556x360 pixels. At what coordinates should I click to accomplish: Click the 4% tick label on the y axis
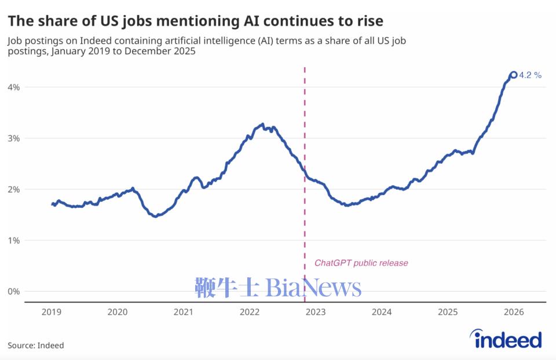[x=13, y=87]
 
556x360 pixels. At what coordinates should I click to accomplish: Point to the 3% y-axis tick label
[x=13, y=138]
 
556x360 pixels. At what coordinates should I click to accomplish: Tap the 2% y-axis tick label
[x=13, y=189]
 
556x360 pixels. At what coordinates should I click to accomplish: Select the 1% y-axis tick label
[x=13, y=240]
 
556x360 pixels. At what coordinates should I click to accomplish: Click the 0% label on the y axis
[x=13, y=291]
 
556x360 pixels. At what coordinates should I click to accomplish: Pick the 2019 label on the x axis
[x=51, y=313]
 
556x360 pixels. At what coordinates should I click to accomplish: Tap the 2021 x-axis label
[x=184, y=313]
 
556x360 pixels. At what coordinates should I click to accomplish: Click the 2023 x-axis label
[x=316, y=313]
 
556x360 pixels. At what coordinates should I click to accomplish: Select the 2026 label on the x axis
[x=514, y=313]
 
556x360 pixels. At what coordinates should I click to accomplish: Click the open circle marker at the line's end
[x=513, y=75]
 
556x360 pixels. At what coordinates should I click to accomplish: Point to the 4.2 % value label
[x=531, y=75]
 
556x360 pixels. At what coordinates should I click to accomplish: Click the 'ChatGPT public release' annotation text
[x=361, y=263]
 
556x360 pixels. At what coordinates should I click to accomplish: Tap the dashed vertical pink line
[x=305, y=174]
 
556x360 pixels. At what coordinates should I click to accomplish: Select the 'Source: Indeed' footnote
[x=36, y=346]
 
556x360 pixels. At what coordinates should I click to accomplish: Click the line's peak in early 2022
[x=262, y=124]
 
